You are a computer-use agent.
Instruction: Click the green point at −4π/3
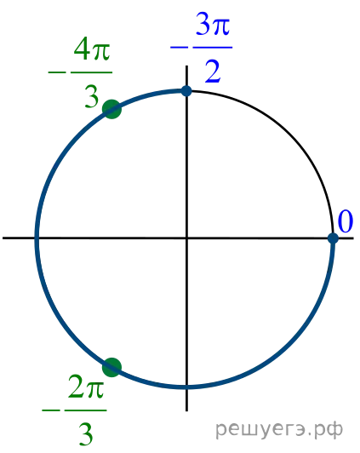(x=112, y=109)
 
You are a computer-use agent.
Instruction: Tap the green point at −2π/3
(x=112, y=367)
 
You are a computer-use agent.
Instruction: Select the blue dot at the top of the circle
(x=186, y=91)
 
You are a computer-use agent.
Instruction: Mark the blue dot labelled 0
(x=333, y=238)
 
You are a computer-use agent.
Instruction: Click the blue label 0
(x=346, y=221)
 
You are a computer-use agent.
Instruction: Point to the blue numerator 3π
(x=213, y=24)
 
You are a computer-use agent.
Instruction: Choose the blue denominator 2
(x=213, y=72)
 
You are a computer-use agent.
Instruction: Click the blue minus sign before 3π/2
(x=179, y=47)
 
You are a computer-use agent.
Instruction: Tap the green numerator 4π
(x=92, y=49)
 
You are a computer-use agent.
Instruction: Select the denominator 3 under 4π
(x=92, y=97)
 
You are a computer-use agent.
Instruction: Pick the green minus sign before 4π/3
(x=57, y=72)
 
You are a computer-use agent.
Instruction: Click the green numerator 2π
(x=86, y=387)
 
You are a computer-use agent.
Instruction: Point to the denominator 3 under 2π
(x=86, y=434)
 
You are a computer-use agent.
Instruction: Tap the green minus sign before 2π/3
(x=51, y=410)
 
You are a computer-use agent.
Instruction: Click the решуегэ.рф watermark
(x=279, y=430)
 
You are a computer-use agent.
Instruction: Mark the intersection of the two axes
(x=186, y=238)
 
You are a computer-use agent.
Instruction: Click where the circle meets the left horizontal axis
(x=37, y=238)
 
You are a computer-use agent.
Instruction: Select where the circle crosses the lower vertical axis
(x=186, y=387)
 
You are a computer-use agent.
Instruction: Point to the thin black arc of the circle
(x=291, y=133)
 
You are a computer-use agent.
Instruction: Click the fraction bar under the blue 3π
(x=213, y=47)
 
